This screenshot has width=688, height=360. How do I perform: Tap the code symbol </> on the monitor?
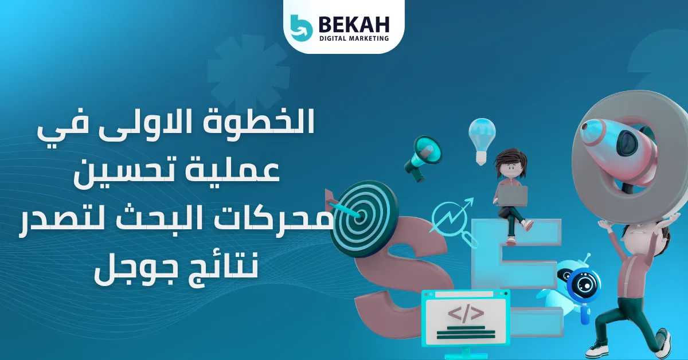click(465, 314)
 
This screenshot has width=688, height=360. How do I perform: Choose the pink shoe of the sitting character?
click(527, 225)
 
